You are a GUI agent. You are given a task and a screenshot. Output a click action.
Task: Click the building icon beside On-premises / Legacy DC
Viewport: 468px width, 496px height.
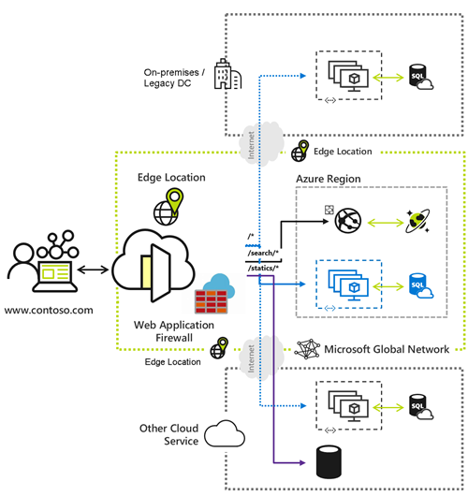223,74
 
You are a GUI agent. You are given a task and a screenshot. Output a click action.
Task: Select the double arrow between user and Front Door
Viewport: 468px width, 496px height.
93,270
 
